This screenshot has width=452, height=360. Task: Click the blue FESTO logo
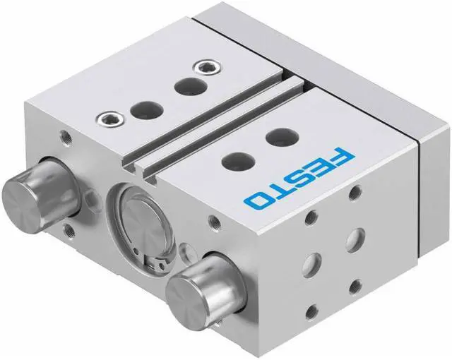(x=299, y=178)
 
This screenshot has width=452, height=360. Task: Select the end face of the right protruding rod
(x=188, y=302)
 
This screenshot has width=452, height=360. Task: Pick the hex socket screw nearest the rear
(x=208, y=68)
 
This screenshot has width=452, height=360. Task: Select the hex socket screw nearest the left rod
(x=111, y=119)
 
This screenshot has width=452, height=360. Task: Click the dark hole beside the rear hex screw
(x=191, y=87)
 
